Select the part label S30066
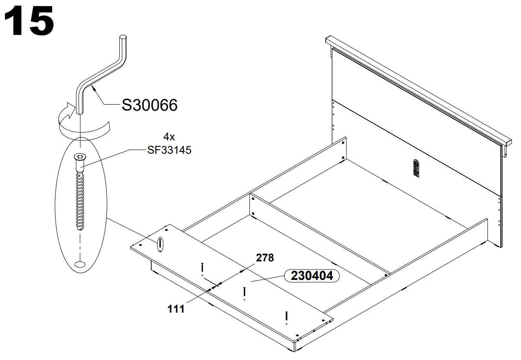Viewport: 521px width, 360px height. (149, 105)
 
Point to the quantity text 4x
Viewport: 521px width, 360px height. (169, 137)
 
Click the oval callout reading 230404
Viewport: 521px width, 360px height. (312, 276)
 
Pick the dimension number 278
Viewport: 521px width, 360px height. (265, 258)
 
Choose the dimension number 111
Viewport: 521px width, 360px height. (176, 308)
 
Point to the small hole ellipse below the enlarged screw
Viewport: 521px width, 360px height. (80, 264)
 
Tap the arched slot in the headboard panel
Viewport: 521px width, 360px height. (415, 168)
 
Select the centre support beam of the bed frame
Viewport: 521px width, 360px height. (319, 235)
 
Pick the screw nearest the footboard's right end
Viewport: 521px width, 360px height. (286, 316)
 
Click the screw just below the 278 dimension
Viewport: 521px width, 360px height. (244, 292)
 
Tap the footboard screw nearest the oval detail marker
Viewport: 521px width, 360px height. (202, 268)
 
